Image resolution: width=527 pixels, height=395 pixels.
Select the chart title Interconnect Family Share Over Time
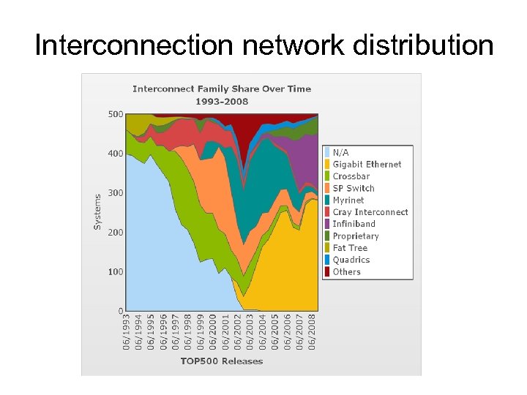(x=221, y=89)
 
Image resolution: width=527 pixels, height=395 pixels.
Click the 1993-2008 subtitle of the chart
(x=221, y=101)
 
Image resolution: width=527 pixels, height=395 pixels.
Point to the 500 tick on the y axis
(x=116, y=114)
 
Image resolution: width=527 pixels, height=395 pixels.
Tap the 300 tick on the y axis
(x=116, y=193)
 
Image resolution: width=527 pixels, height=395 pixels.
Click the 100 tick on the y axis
(x=116, y=272)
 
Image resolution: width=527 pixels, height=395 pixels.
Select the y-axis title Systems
(x=98, y=211)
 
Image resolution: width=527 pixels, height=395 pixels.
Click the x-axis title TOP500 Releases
(x=221, y=361)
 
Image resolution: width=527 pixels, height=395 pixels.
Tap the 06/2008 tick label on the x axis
(x=313, y=332)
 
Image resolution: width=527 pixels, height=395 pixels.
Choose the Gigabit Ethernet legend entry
(x=367, y=165)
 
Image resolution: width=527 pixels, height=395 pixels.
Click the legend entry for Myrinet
(x=348, y=200)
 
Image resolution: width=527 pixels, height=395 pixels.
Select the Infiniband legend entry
(x=354, y=224)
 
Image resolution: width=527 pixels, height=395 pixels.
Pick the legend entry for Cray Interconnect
(x=370, y=212)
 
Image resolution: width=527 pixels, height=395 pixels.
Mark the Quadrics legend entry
(x=351, y=260)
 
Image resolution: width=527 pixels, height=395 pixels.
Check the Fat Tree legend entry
(x=350, y=248)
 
